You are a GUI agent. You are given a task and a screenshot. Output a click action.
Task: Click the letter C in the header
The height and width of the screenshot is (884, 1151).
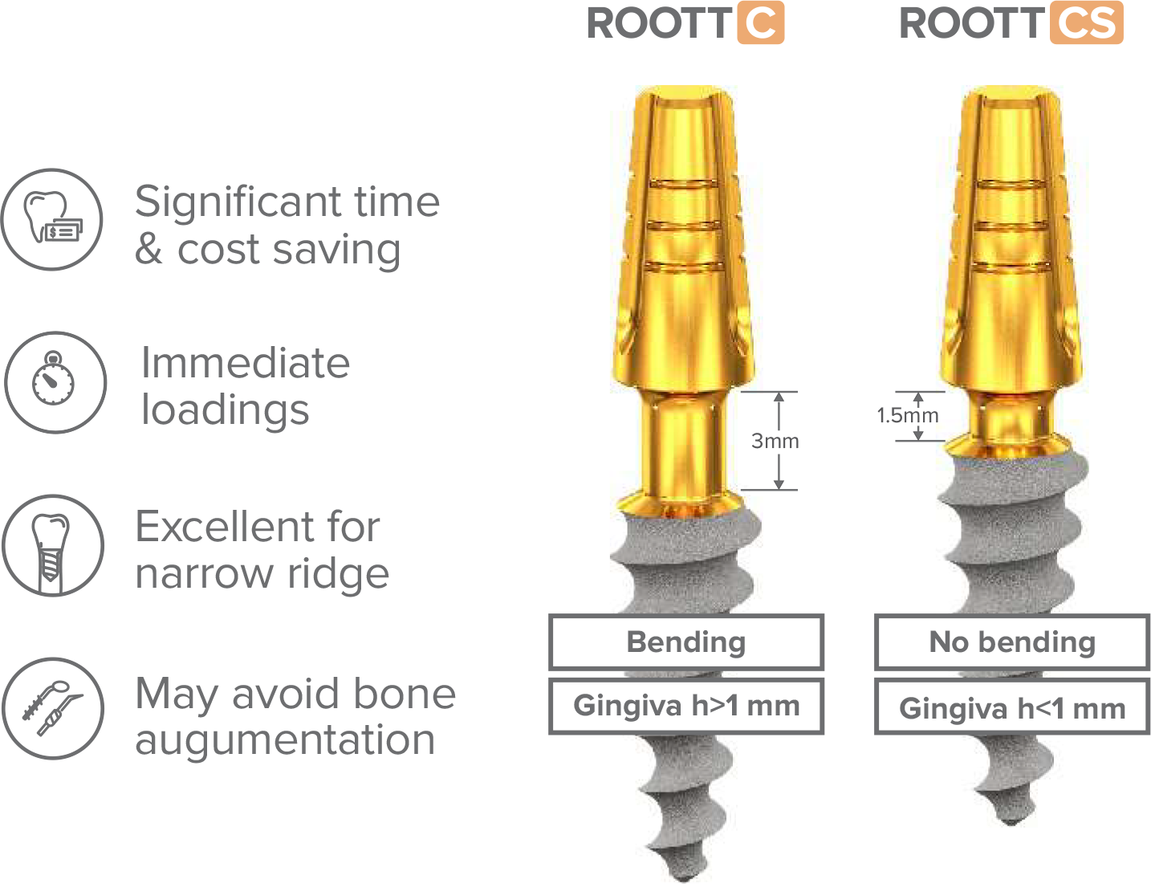pyautogui.click(x=759, y=24)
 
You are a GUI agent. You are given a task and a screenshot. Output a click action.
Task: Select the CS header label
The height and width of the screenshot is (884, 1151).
pyautogui.click(x=1086, y=24)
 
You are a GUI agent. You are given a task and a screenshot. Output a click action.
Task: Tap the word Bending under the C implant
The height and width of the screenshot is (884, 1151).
pyautogui.click(x=686, y=642)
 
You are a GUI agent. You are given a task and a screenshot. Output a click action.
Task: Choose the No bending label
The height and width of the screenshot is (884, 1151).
pyautogui.click(x=1012, y=642)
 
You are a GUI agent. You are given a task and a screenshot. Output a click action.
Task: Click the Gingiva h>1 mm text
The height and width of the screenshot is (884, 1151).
pyautogui.click(x=686, y=706)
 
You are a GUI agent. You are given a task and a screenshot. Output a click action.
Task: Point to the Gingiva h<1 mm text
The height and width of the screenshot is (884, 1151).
pyautogui.click(x=1012, y=708)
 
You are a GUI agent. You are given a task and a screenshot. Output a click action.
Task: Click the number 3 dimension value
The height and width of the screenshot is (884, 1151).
pyautogui.click(x=757, y=440)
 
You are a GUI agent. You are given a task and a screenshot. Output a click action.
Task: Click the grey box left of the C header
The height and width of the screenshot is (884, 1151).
pyautogui.click(x=661, y=29)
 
